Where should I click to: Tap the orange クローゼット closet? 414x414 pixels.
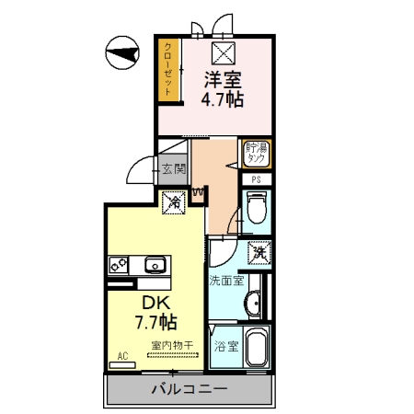click(x=169, y=71)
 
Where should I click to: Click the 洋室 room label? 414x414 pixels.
click(x=224, y=79)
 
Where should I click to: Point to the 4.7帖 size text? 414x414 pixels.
click(x=224, y=98)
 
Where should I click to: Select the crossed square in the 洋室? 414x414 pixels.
click(x=224, y=52)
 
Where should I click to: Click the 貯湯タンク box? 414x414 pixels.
click(x=257, y=153)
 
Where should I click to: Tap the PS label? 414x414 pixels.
click(x=257, y=179)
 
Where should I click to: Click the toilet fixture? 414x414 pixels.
click(x=257, y=209)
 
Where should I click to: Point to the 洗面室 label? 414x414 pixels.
click(x=225, y=280)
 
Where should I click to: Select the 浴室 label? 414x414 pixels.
click(x=225, y=347)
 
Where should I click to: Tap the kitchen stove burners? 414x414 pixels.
click(x=118, y=265)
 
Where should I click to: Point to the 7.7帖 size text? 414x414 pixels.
click(x=155, y=322)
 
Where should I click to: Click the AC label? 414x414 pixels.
click(x=121, y=354)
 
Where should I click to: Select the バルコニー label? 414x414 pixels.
click(x=189, y=389)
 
